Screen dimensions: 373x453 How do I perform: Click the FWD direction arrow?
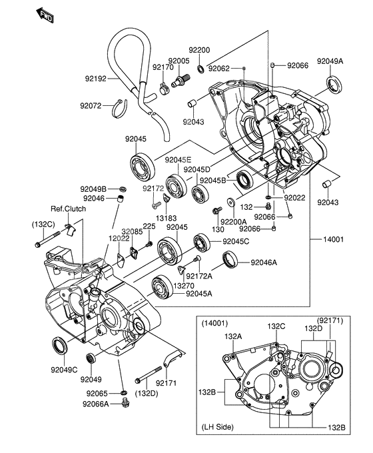coord(45,15)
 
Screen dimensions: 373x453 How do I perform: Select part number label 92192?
coord(96,79)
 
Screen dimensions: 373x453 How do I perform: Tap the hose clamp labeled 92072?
coord(119,109)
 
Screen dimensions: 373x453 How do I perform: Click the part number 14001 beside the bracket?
coord(333,239)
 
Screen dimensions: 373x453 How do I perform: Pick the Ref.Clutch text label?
coord(68,209)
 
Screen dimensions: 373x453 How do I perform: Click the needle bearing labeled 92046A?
coord(230,259)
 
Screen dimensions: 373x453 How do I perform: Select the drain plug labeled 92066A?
coord(125,403)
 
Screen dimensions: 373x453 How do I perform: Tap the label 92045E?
coord(179,160)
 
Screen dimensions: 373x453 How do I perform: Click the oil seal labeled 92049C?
coord(60,346)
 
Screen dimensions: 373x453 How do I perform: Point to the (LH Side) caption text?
coord(217,427)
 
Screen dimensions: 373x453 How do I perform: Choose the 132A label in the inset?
coord(233,336)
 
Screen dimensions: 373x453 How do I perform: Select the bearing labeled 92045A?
coord(162,287)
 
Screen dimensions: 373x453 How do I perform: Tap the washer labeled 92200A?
coord(231,202)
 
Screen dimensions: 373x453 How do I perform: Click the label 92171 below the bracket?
coord(166,383)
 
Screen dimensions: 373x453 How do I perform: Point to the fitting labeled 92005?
coord(181,81)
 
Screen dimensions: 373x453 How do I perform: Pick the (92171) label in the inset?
coord(330,320)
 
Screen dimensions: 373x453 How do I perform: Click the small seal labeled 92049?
coord(91,358)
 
